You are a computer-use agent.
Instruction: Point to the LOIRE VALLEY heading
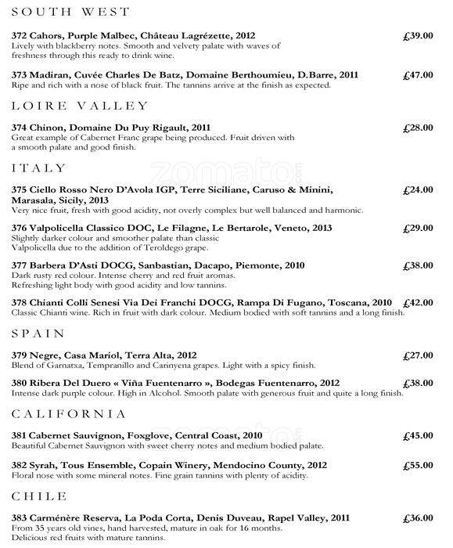pos(81,105)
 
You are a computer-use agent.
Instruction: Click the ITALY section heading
pos(37,168)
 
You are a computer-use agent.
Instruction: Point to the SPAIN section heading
pos(39,333)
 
